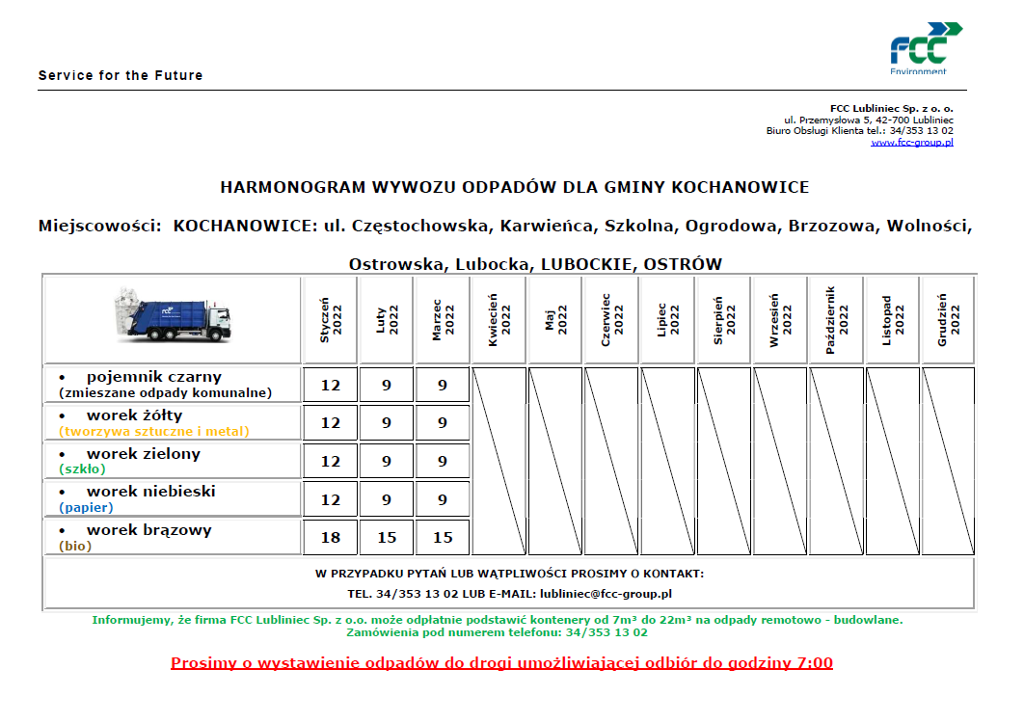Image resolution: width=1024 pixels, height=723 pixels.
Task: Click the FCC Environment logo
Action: [x=925, y=47]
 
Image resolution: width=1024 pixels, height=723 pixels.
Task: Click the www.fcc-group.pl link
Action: [x=912, y=143]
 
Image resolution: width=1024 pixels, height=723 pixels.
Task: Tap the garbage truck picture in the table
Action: [x=174, y=315]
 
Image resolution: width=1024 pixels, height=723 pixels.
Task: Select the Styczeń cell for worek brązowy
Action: [x=331, y=537]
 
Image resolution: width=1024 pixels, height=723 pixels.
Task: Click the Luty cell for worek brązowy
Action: [x=387, y=537]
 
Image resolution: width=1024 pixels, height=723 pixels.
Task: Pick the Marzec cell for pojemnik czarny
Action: [x=443, y=385]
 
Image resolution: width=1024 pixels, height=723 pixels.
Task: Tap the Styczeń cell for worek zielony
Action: [x=331, y=461]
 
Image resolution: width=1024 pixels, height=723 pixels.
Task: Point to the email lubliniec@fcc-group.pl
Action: [x=606, y=595]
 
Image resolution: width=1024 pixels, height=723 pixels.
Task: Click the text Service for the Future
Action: [x=121, y=75]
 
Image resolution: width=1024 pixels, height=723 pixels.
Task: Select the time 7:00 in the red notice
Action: [x=811, y=663]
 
